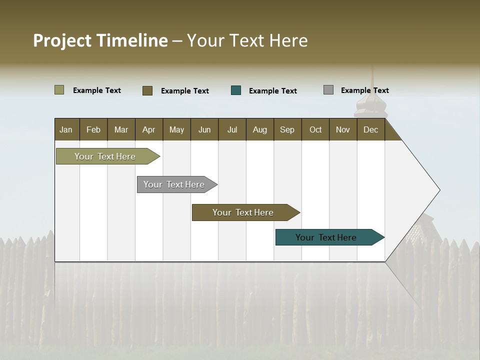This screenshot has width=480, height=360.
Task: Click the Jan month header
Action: pos(66,129)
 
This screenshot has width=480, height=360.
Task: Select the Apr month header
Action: pos(149,129)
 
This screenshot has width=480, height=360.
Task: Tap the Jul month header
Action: pos(232,129)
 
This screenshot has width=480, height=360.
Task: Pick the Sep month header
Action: pos(287,129)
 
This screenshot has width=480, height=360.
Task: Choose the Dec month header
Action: pos(370,129)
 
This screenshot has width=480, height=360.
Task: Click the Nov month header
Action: pos(342,129)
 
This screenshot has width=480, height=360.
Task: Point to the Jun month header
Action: pos(204,129)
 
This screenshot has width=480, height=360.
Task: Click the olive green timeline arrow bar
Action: pos(105,156)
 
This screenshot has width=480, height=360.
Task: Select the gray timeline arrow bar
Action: pos(174,184)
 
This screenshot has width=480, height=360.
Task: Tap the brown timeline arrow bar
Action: pos(243,212)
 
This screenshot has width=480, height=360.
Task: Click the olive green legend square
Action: pos(59,90)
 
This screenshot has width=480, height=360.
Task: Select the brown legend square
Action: pos(147,90)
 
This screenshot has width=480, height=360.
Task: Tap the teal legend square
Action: pos(236,90)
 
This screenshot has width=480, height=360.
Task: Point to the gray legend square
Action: pos(328,90)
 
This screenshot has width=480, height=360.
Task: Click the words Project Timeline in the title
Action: pos(100,40)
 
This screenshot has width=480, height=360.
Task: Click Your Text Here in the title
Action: pos(247,40)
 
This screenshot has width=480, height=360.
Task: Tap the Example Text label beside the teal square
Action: pos(272,90)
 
